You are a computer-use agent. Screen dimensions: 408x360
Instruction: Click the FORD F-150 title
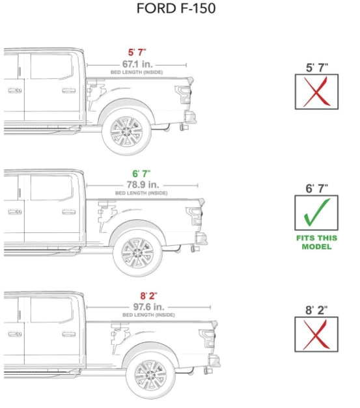point(176,9)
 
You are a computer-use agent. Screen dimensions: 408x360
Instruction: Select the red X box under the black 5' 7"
point(317,92)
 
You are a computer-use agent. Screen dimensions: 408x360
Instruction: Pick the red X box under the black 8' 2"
point(317,334)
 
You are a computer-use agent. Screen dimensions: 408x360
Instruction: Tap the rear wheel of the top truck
point(126,130)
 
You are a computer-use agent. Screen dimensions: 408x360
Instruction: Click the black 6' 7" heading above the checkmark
point(317,188)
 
